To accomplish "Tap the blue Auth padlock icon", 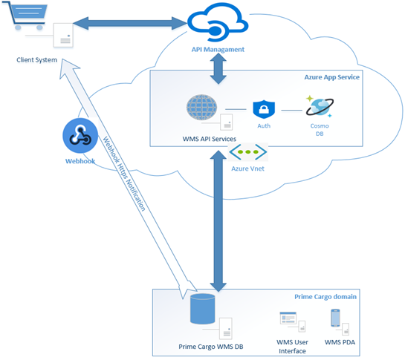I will pos(264,109).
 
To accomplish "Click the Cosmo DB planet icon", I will pos(316,108).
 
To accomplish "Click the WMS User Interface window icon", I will pos(288,321).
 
